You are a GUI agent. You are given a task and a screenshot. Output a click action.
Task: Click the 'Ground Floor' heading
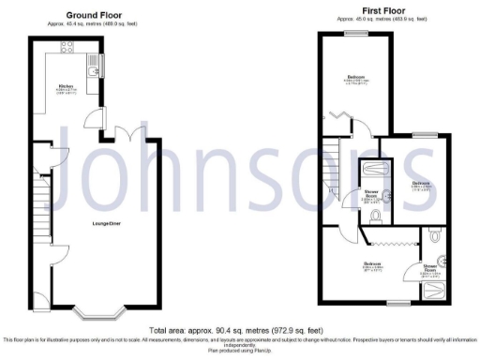[95, 16]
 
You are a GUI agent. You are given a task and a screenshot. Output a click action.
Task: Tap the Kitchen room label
[67, 88]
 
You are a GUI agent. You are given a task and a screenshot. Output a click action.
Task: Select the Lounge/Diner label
[105, 222]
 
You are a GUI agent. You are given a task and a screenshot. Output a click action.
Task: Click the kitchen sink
[92, 68]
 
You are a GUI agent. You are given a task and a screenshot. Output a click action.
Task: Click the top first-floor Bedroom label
[356, 77]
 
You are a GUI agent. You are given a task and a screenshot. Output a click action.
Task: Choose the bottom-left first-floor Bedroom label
[372, 265]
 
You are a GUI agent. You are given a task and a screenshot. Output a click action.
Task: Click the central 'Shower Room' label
[371, 198]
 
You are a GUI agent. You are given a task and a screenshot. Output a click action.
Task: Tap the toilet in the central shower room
[374, 217]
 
